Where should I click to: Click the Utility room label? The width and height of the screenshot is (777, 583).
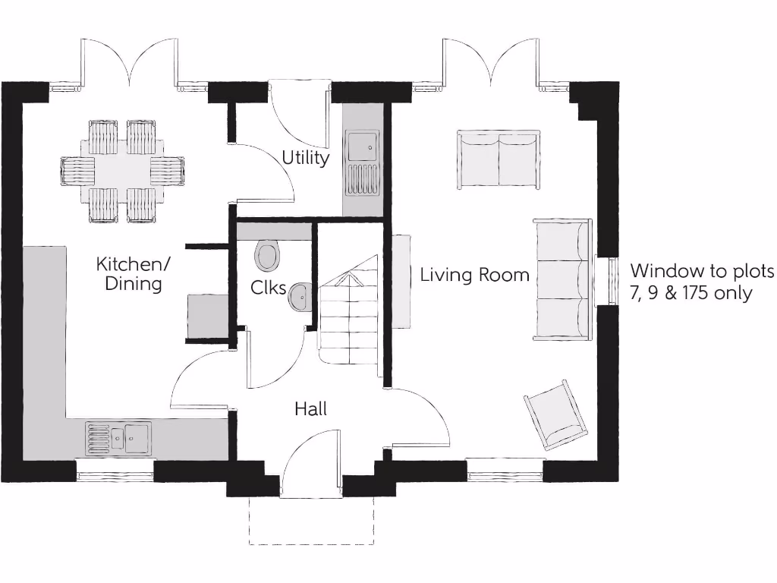coord(306,158)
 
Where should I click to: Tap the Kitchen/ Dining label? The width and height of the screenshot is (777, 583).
coord(134,274)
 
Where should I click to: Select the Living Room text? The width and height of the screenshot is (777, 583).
coord(475,275)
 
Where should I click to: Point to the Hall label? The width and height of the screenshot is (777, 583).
coord(311,410)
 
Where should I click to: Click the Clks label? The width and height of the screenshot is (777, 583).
coord(269,288)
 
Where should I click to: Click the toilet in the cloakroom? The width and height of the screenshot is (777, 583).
coord(267,256)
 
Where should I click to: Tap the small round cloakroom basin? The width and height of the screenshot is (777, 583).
coord(300,297)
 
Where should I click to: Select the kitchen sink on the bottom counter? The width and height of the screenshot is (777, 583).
coord(119,438)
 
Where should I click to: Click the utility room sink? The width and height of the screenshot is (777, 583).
coord(362,162)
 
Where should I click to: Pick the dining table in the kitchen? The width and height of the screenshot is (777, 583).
coord(122,171)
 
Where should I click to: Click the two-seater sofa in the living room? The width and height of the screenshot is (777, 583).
coord(499,159)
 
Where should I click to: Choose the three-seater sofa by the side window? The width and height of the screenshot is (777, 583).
coord(562,279)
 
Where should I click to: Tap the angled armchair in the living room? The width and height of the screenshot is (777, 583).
coord(557,414)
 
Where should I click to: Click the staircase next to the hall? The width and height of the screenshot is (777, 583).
coord(348,313)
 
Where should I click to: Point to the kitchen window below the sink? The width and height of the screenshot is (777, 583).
coord(115,477)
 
